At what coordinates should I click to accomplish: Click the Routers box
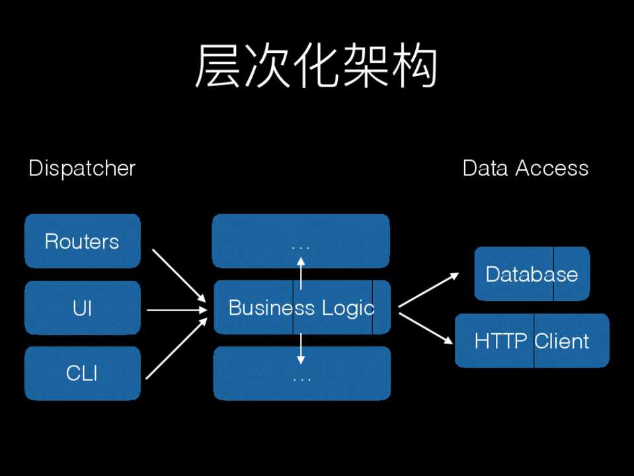[82, 241]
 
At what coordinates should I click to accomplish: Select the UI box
[82, 308]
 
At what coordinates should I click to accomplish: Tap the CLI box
[82, 374]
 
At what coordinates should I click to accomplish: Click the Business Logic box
[301, 308]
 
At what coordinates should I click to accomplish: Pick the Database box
[532, 274]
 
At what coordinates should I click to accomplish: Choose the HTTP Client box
[532, 341]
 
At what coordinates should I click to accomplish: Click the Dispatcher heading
[82, 169]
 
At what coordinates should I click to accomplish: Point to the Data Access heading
[526, 169]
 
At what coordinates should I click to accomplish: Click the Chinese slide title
[316, 67]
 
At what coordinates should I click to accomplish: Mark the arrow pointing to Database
[428, 290]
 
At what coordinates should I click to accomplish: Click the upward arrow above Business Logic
[301, 274]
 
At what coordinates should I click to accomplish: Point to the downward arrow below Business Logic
[301, 349]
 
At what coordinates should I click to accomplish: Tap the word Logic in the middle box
[348, 309]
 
